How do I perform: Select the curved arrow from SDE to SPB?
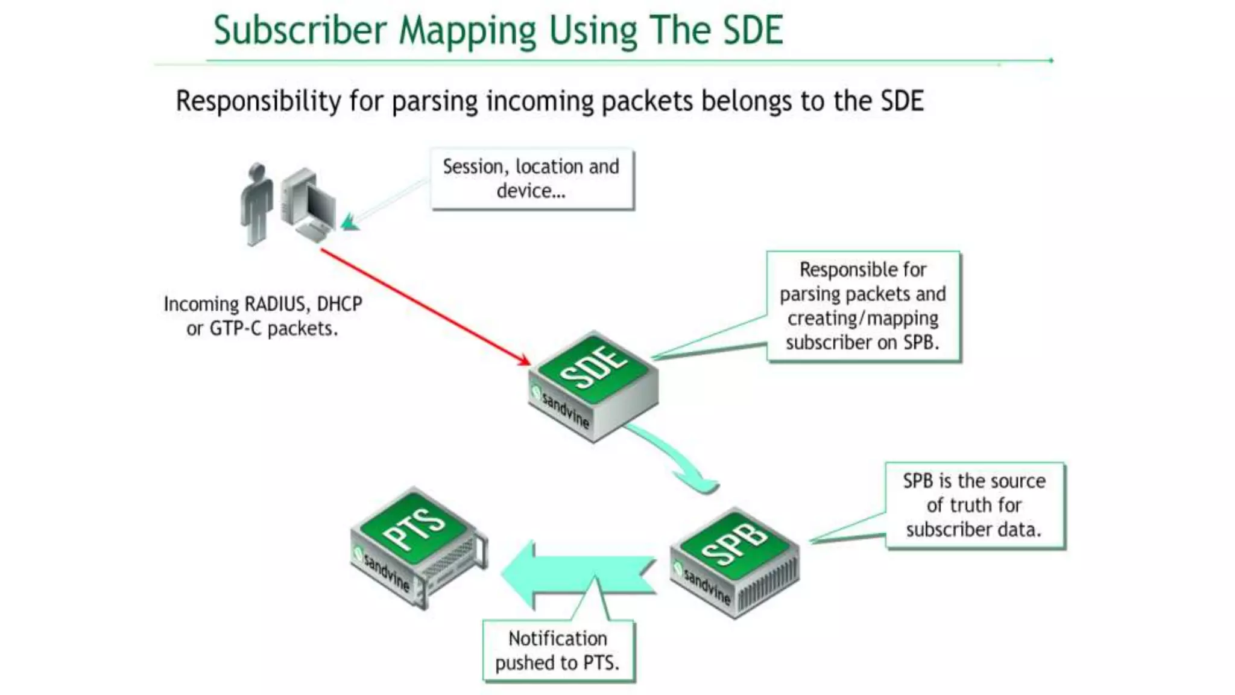675,459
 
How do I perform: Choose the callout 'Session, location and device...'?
531,179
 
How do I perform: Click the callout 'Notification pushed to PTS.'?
558,650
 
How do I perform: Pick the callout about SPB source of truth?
974,505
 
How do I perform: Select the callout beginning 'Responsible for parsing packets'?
862,306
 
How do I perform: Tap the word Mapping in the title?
467,31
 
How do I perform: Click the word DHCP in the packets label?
340,304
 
